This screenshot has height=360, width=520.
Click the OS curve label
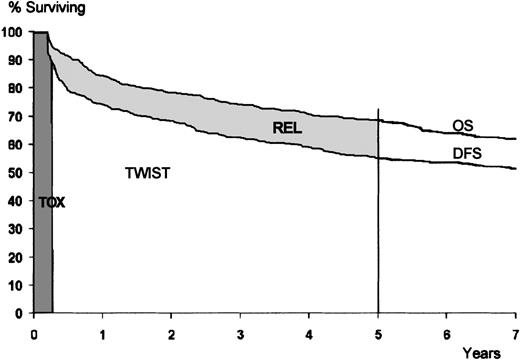click(x=462, y=125)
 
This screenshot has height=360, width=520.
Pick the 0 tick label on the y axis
click(x=20, y=313)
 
